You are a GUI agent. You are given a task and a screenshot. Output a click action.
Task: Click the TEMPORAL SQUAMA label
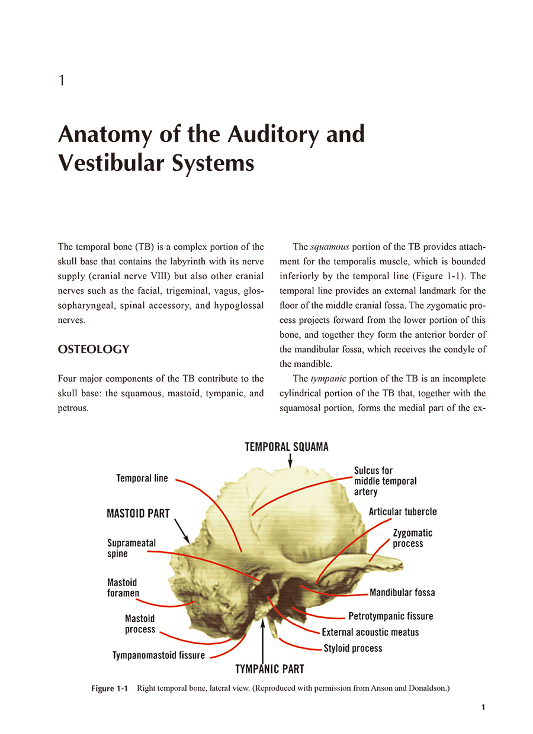point(287,447)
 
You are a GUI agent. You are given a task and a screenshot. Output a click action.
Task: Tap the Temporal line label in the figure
point(142,478)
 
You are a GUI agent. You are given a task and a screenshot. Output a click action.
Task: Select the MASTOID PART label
point(138,513)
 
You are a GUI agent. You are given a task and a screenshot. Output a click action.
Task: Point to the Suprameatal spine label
point(131,548)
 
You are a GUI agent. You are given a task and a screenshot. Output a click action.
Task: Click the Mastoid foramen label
point(123,588)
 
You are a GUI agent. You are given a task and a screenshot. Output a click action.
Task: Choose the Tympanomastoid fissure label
point(159,655)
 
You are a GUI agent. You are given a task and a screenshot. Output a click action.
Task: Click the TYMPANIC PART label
point(269,669)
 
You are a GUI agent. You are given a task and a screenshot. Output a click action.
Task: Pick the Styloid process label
point(353,648)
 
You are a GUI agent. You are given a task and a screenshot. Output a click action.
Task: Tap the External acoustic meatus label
point(370,632)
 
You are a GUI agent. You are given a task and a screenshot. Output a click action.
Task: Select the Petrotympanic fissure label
point(390,616)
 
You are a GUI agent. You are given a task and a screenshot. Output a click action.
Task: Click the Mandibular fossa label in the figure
point(402,592)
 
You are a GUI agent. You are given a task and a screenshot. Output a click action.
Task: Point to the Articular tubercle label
point(403,512)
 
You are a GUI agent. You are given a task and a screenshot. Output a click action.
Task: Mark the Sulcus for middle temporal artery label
point(385,481)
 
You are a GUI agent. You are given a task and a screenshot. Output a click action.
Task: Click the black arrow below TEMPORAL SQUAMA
point(290,460)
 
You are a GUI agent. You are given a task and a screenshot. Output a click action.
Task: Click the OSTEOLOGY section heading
point(93,350)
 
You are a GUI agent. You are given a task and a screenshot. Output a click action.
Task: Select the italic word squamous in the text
point(329,247)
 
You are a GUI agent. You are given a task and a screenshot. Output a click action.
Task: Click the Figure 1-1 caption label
point(110,689)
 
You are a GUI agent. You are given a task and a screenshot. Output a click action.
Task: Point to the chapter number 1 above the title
point(62,81)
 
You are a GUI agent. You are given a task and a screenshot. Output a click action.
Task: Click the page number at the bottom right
point(483,707)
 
